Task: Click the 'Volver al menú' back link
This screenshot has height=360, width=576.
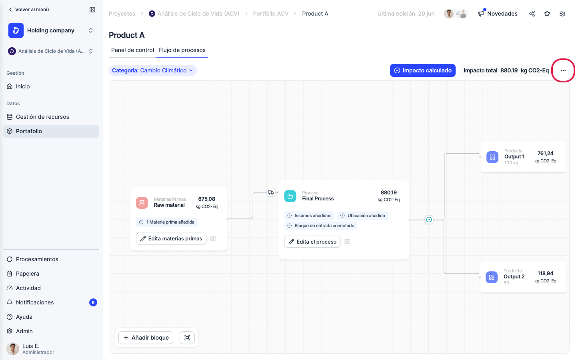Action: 29,10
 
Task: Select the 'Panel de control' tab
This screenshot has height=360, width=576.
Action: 132,50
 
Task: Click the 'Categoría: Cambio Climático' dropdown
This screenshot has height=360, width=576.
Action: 152,70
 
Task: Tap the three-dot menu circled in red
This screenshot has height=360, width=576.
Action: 563,70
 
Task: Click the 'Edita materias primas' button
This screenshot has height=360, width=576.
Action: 171,239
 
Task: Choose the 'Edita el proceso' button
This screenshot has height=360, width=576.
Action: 312,242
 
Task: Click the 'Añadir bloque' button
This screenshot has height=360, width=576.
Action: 146,338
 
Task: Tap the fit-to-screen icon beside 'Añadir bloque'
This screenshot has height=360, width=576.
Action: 187,338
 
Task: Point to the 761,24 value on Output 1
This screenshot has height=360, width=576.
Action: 545,154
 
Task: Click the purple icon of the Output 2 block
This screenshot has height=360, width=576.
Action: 491,277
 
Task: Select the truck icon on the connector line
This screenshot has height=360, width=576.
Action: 270,192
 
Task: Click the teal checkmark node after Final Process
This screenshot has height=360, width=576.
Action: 429,220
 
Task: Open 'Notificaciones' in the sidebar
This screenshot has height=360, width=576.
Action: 35,302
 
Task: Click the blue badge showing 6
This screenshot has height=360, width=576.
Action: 93,302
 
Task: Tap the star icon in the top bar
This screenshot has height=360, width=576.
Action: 547,14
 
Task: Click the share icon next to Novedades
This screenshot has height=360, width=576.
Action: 532,14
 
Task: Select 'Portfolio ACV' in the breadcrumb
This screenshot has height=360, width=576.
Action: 270,14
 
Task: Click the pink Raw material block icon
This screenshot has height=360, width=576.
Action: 142,203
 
